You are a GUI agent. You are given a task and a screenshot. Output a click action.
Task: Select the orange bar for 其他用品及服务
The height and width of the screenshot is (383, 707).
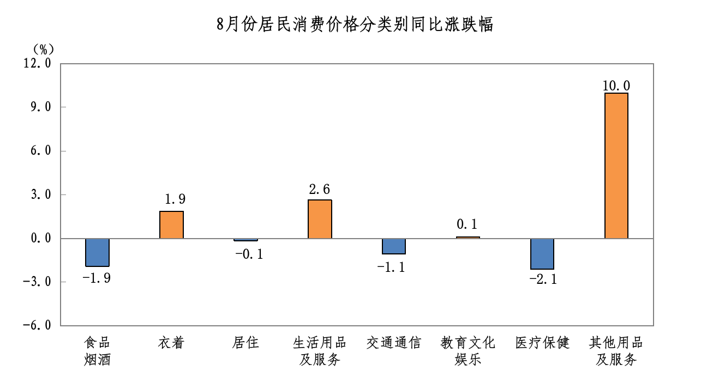tap(616, 166)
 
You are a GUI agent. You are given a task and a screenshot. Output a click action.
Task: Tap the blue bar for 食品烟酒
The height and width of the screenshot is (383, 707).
tap(97, 252)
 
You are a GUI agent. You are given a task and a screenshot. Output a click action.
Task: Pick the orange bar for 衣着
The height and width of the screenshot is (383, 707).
tap(171, 224)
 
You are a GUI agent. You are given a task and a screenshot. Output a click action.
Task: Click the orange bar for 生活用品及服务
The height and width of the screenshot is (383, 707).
tap(320, 219)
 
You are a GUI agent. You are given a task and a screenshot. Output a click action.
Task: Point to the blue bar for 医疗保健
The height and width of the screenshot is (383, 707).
tap(542, 254)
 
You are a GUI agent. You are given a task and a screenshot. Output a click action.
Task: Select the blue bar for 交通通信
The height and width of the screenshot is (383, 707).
tap(393, 246)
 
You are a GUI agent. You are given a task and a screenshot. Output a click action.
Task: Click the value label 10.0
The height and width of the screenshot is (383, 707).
tap(616, 86)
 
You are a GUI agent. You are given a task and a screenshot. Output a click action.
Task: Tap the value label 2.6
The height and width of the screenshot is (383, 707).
tap(320, 190)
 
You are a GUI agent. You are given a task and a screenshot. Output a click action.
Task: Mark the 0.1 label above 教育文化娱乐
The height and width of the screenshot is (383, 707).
tap(468, 224)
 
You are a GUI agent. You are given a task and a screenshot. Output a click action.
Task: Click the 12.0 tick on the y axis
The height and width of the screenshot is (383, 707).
tap(37, 63)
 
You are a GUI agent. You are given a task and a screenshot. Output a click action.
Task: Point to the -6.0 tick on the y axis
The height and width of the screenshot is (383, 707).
tap(37, 325)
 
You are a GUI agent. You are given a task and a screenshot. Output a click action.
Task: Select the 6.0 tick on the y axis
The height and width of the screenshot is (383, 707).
tap(40, 151)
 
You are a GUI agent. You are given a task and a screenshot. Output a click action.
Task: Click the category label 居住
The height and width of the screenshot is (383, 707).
tap(245, 343)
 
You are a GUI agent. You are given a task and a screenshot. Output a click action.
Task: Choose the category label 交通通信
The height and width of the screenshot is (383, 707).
tap(393, 343)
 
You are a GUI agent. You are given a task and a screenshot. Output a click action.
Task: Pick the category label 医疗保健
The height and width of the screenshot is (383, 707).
tap(542, 343)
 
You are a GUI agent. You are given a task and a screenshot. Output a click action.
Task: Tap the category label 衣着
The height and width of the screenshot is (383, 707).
tap(171, 343)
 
